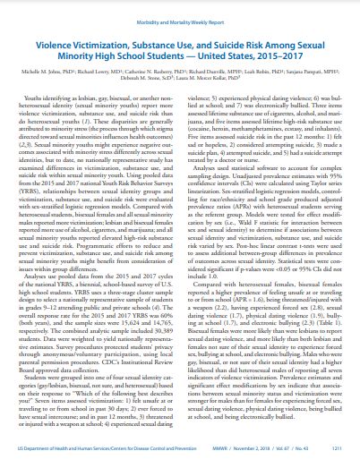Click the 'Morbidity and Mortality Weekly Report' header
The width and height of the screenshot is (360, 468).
(x=180, y=10)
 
